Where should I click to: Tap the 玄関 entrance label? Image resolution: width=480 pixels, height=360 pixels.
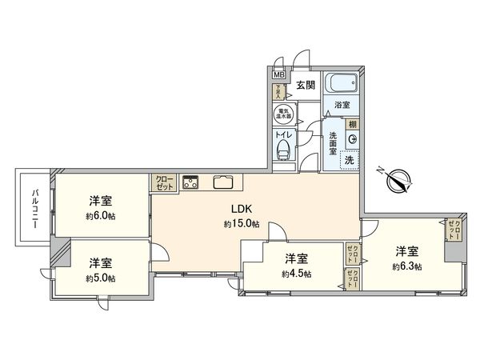point(304,84)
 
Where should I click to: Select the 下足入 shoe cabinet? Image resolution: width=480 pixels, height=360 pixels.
point(279,92)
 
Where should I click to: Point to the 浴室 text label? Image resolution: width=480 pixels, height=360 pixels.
point(342,104)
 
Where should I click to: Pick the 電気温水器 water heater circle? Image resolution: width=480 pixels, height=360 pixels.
point(283,114)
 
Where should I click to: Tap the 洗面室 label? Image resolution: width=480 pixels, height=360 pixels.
point(332,142)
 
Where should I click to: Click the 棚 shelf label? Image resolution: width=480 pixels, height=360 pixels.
point(352,124)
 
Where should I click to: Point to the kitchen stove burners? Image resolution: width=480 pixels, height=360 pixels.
point(190,182)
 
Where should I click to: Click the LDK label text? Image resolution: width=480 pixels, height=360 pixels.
point(240,210)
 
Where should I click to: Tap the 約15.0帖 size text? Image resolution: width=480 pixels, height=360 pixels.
point(241,225)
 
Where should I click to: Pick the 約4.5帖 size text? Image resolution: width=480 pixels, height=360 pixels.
point(297,274)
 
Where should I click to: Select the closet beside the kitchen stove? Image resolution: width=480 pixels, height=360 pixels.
point(163,182)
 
